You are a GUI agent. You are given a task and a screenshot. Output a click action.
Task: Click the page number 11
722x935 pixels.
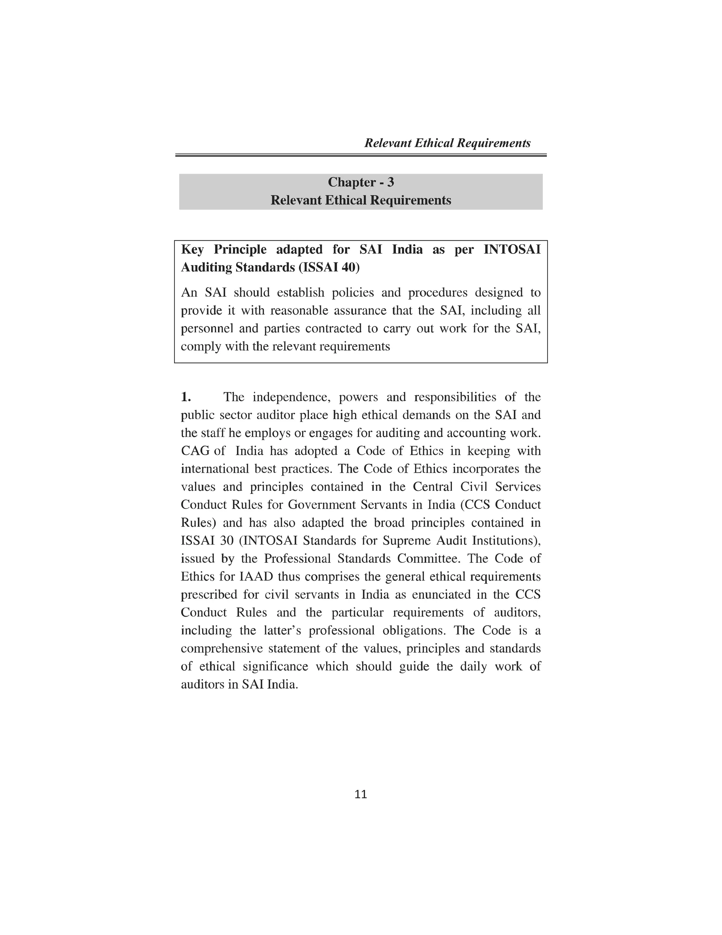[x=361, y=795]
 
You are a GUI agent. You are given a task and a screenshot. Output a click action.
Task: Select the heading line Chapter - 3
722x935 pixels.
[x=361, y=182]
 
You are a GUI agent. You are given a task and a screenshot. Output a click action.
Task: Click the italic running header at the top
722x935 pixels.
[x=447, y=143]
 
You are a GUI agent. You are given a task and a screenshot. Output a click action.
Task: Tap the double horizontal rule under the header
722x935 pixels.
[x=361, y=155]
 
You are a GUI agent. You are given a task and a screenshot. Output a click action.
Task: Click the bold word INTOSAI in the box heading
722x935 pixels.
[x=512, y=249]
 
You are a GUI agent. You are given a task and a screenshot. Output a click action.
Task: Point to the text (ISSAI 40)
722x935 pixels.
[x=329, y=267]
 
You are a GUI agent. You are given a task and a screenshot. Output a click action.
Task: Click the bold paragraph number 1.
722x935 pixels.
[x=186, y=397]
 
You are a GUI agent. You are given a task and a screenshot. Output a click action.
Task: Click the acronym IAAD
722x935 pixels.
[x=256, y=576]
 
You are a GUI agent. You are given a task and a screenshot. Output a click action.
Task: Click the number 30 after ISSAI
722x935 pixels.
[x=226, y=540]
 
